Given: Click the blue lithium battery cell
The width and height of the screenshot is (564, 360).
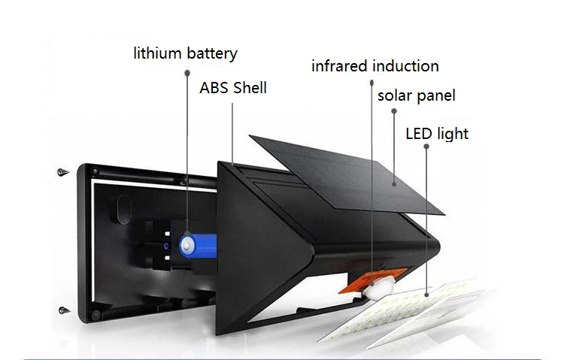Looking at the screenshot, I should click(x=197, y=244).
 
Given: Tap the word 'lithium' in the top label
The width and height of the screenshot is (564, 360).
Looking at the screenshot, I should click(x=159, y=53).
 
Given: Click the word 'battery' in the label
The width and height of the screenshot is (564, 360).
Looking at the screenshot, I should click(x=211, y=54).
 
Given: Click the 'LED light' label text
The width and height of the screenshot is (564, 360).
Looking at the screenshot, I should click(x=437, y=134).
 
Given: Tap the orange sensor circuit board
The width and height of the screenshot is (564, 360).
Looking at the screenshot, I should click(x=353, y=285).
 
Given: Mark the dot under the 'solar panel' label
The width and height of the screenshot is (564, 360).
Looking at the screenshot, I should click(x=394, y=111).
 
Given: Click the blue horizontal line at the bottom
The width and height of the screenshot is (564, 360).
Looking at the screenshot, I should click(x=282, y=359).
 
